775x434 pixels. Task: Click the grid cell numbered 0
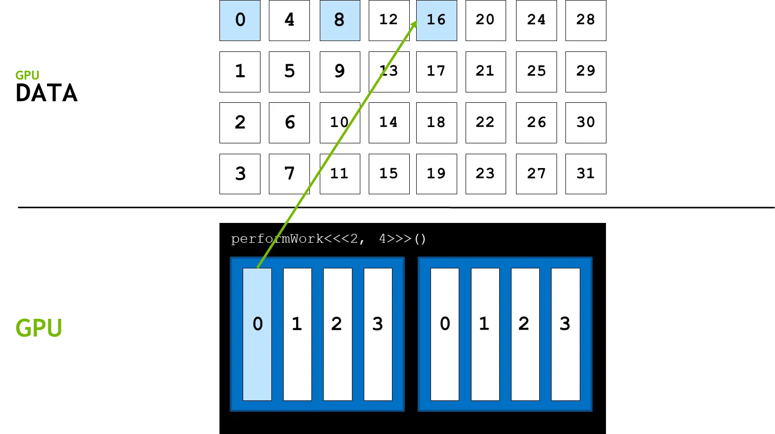[x=240, y=20]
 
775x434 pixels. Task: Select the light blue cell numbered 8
[x=340, y=20]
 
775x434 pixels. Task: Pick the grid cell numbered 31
[x=586, y=174]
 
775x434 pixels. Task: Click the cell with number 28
[x=586, y=20]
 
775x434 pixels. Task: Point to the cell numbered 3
[x=240, y=174]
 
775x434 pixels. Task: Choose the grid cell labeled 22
[x=485, y=123]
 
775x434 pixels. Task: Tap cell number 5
[x=290, y=71]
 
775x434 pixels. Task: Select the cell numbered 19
[x=436, y=174]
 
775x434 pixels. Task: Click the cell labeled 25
[x=536, y=71]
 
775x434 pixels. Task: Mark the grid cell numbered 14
[x=388, y=123]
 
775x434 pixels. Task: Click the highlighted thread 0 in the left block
[x=257, y=334]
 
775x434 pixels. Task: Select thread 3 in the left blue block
[x=378, y=334]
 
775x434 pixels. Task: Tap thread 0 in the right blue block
[x=445, y=334]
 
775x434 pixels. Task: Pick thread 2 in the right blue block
[x=525, y=334]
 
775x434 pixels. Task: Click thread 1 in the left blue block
[x=297, y=334]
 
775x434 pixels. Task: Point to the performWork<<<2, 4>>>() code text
[x=328, y=239]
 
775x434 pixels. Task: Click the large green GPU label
[x=39, y=328]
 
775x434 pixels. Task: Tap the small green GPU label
[x=27, y=75]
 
